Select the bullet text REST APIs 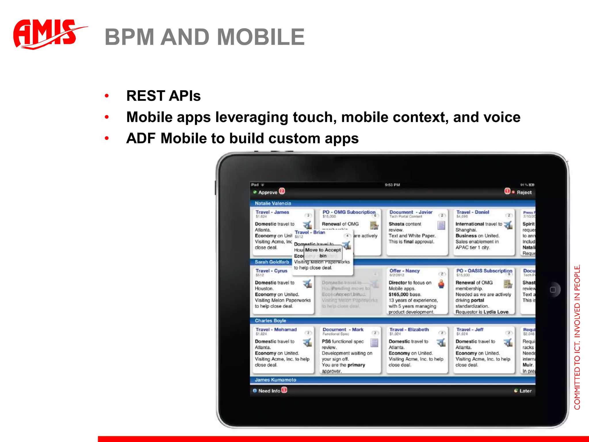point(163,96)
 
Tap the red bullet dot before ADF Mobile point(107,139)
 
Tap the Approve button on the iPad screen point(267,192)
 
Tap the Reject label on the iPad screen point(524,192)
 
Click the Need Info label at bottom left point(269,391)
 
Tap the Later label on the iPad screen point(525,391)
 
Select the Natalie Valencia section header point(273,203)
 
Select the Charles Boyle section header point(270,321)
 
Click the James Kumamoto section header point(275,380)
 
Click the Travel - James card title point(272,212)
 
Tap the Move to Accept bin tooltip point(323,253)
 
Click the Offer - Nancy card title point(404,271)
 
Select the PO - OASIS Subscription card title point(484,271)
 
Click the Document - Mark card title point(343,329)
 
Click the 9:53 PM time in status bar point(392,185)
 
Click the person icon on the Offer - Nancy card point(441,284)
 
